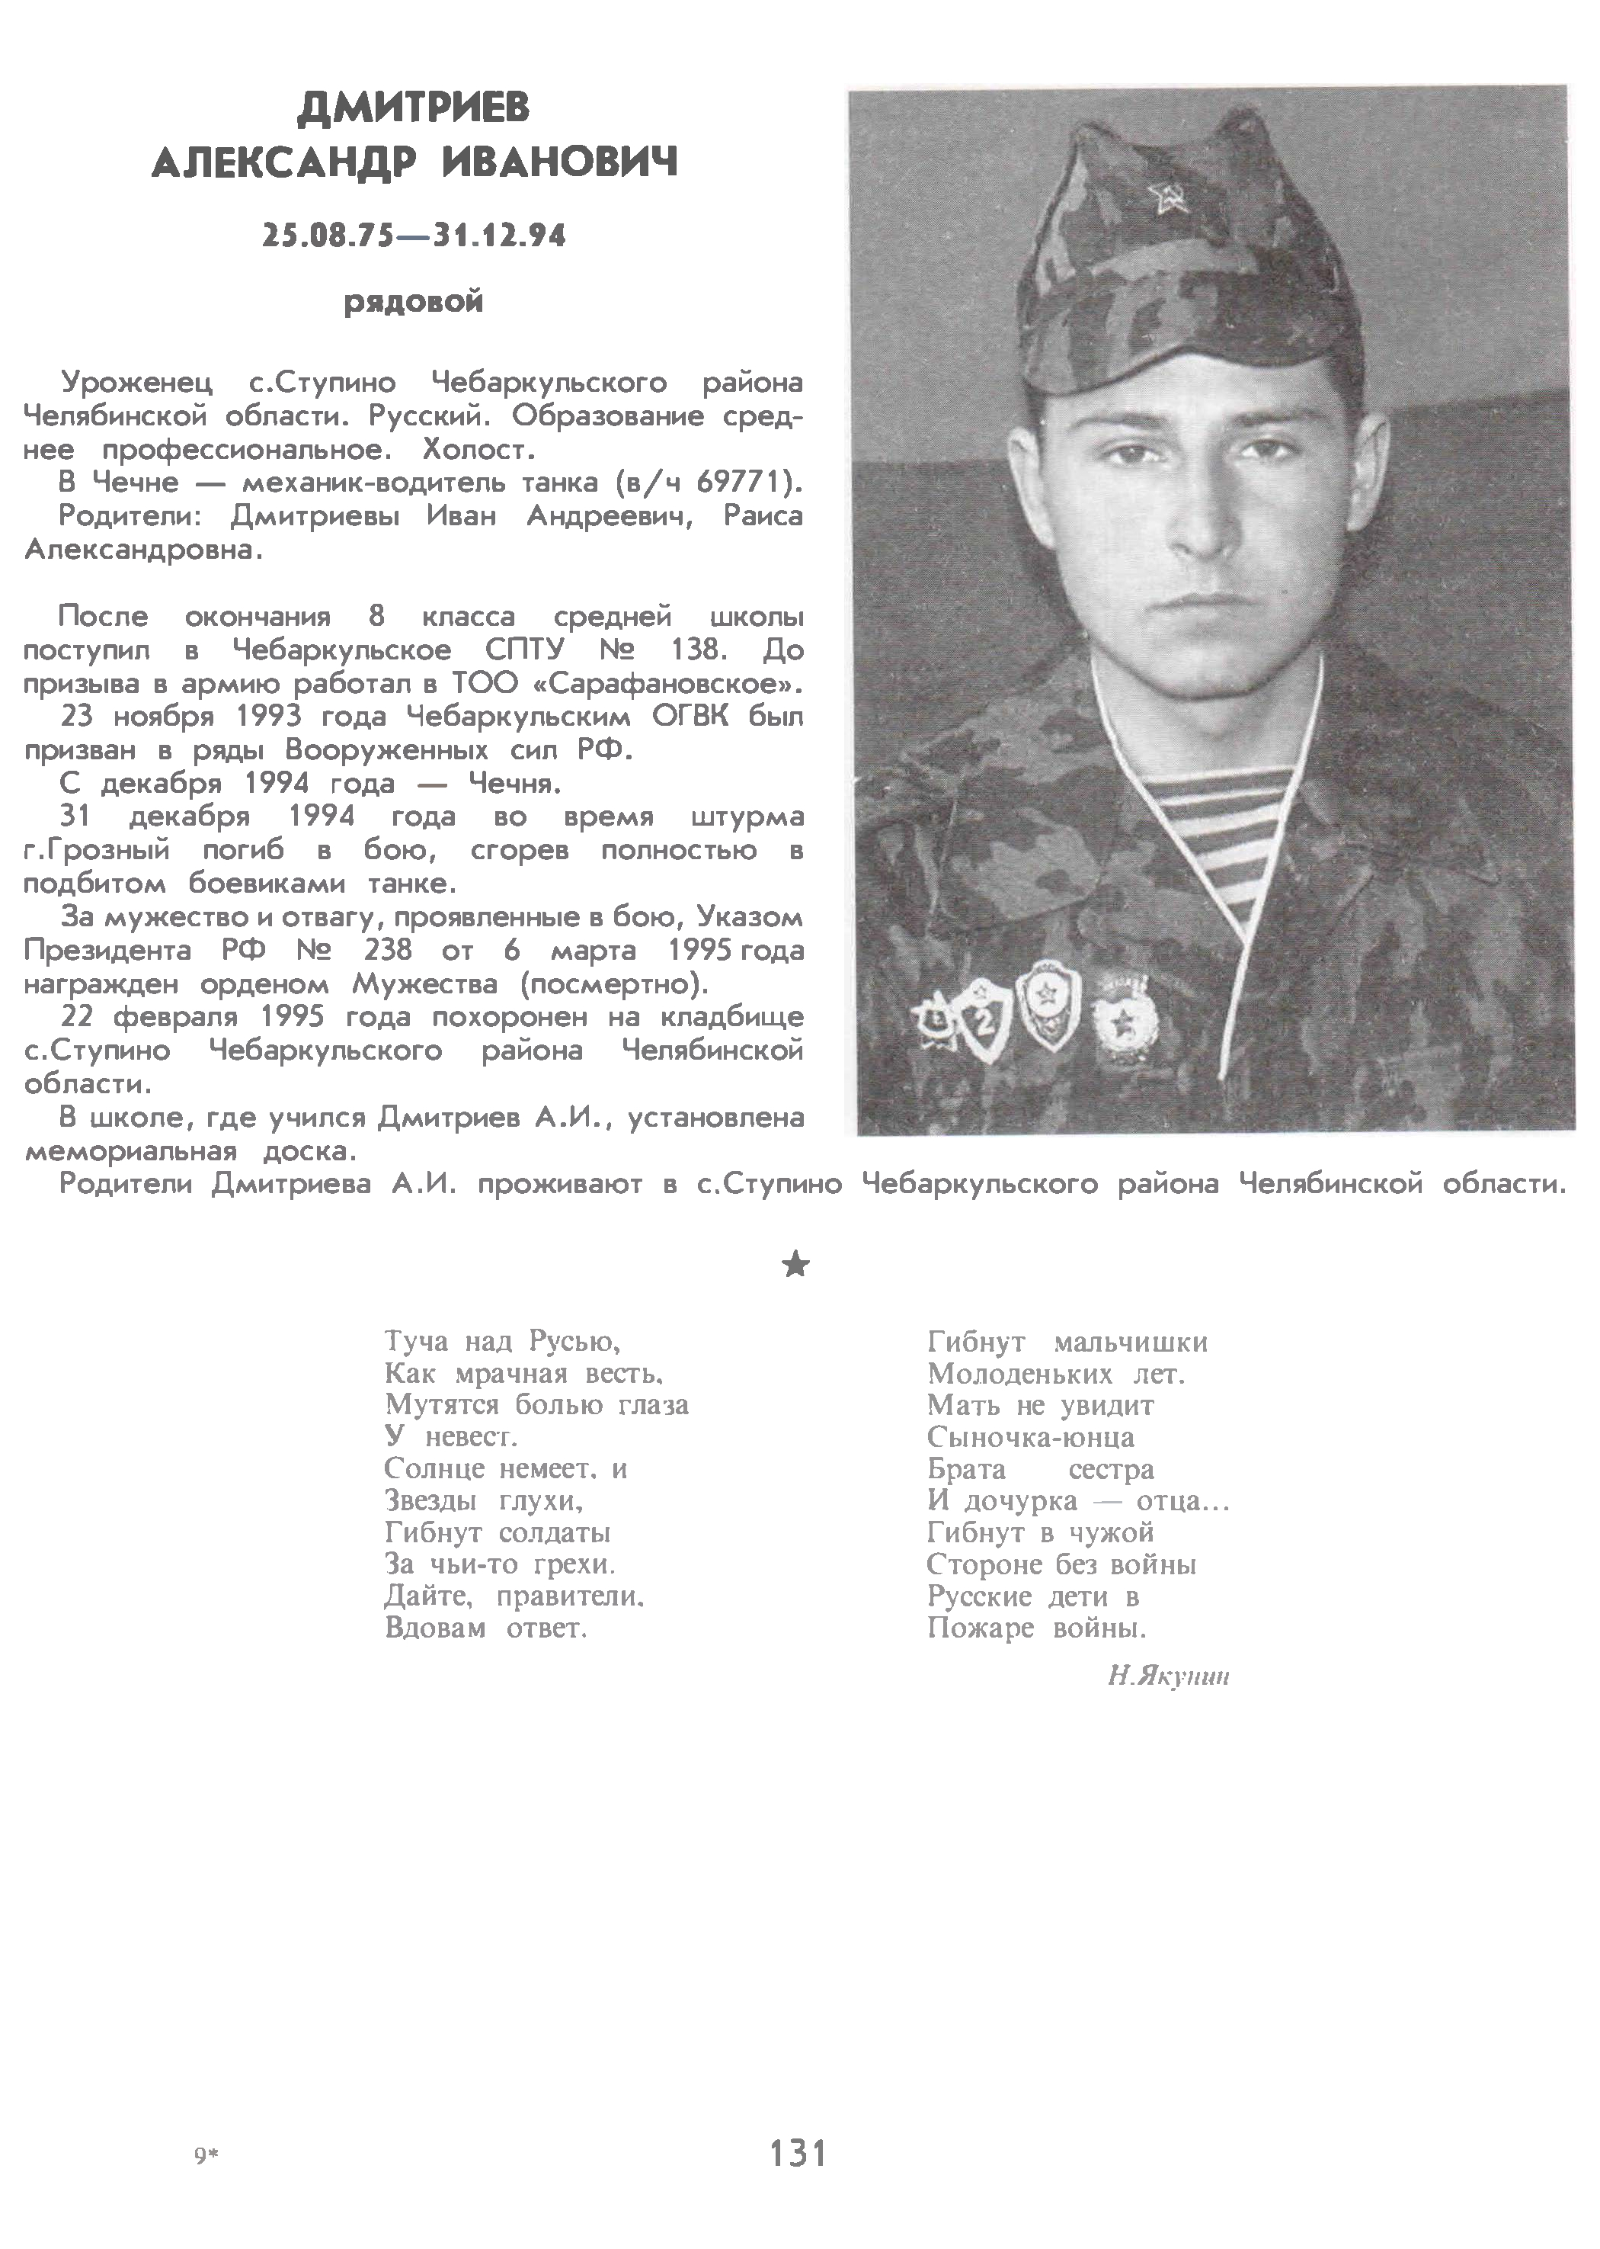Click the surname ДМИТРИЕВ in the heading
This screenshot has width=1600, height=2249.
[413, 108]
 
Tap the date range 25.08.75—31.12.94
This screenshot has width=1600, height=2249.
[414, 236]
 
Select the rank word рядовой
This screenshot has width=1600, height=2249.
[414, 302]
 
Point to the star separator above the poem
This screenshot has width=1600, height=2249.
[795, 1266]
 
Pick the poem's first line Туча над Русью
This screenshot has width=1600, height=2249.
[502, 1341]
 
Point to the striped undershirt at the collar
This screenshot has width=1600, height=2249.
[1221, 828]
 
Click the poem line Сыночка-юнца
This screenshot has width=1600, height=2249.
[1031, 1437]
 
